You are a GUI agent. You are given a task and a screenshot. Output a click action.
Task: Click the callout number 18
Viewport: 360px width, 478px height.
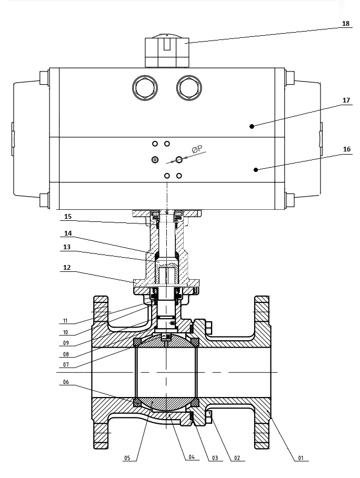tap(346, 24)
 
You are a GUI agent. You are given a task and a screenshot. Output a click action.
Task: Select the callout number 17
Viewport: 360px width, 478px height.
tap(346, 100)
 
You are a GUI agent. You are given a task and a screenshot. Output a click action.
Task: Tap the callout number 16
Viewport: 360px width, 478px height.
tap(346, 149)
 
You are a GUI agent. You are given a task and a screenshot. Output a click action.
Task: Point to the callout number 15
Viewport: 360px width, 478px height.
tap(68, 217)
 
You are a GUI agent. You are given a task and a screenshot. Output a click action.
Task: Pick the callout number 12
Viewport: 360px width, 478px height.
tap(66, 267)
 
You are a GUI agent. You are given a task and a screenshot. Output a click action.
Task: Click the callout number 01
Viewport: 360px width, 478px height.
tap(301, 457)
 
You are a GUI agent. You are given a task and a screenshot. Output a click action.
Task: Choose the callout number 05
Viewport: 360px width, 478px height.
tap(127, 457)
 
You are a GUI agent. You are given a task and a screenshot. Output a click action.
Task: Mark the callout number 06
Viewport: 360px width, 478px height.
tap(66, 383)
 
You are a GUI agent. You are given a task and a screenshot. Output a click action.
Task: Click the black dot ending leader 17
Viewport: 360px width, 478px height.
tap(252, 126)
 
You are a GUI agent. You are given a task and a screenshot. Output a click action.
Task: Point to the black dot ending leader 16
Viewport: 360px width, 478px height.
tap(256, 169)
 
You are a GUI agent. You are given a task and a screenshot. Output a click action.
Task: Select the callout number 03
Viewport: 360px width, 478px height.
tap(214, 457)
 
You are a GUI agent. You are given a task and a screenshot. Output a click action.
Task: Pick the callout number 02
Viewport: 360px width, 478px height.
tap(236, 457)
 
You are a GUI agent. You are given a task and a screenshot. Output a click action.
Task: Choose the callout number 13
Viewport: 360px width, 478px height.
tap(66, 247)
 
